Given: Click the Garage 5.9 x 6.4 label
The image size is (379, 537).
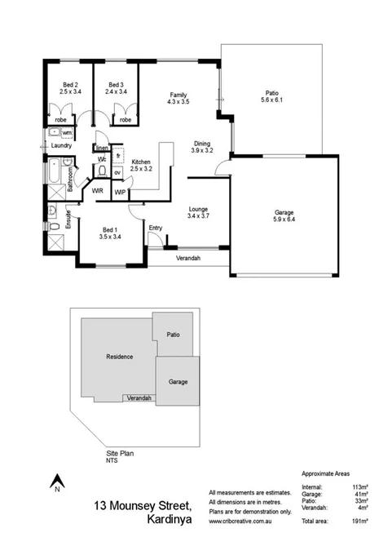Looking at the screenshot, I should coord(284,215).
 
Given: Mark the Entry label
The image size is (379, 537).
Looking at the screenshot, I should coord(155,228).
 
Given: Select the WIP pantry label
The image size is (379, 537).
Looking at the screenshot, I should coord(120,193).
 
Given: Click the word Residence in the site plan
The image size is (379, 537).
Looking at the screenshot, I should coord(119,357).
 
